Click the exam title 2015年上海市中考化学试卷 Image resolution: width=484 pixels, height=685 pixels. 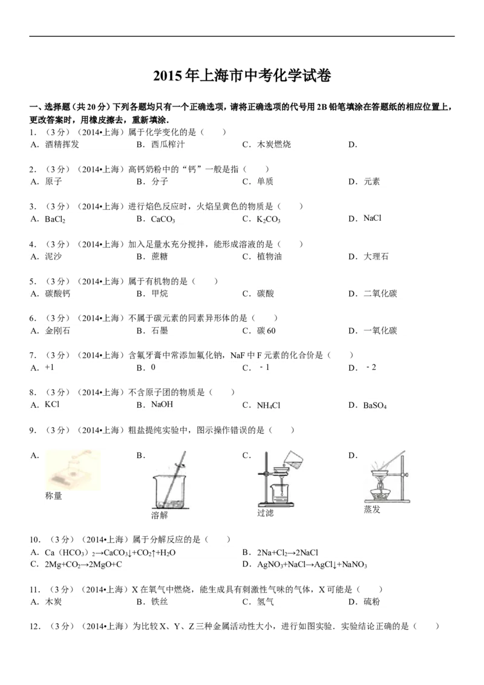[x=242, y=76]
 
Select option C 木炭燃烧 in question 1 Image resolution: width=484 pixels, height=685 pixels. [x=273, y=144]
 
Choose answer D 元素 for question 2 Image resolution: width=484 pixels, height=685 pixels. [x=371, y=182]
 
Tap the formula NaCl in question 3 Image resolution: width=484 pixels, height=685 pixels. [x=372, y=218]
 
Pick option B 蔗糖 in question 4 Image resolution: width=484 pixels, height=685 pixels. [x=159, y=257]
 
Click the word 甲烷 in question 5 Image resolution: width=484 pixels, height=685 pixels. [x=160, y=293]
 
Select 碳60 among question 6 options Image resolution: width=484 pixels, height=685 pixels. [x=266, y=331]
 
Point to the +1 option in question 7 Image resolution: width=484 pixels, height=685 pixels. [x=50, y=367]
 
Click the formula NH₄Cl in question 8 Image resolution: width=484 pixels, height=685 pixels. [x=268, y=405]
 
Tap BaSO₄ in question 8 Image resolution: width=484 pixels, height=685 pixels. [x=374, y=405]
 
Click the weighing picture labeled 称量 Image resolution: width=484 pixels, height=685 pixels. [x=73, y=471]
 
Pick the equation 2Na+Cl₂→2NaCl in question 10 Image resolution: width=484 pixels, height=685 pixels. [x=287, y=552]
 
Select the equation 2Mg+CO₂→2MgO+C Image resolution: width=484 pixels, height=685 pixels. [x=83, y=565]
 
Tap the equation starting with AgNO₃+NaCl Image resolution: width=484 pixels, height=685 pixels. [x=312, y=565]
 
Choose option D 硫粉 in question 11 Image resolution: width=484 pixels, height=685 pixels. [x=371, y=601]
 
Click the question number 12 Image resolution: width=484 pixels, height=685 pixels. [x=34, y=626]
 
